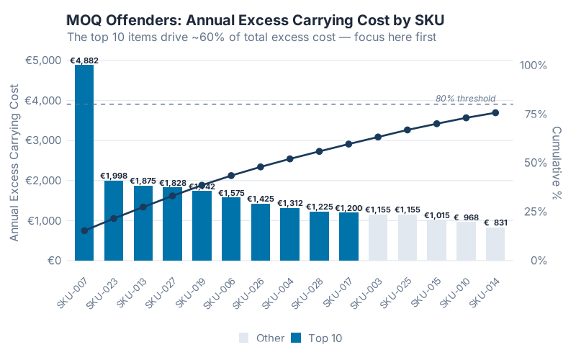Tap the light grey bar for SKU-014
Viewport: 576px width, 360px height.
pos(495,244)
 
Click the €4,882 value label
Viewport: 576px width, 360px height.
pos(84,60)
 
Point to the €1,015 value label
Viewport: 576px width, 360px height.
pos(437,215)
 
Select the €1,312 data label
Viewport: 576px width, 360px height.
pos(290,203)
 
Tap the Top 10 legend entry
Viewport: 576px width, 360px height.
pos(318,338)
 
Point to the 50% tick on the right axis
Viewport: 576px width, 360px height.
pos(534,163)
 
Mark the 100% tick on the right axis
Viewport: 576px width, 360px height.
pos(534,65)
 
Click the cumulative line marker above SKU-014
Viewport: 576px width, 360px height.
pos(495,112)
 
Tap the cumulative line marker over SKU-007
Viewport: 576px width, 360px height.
pos(84,230)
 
